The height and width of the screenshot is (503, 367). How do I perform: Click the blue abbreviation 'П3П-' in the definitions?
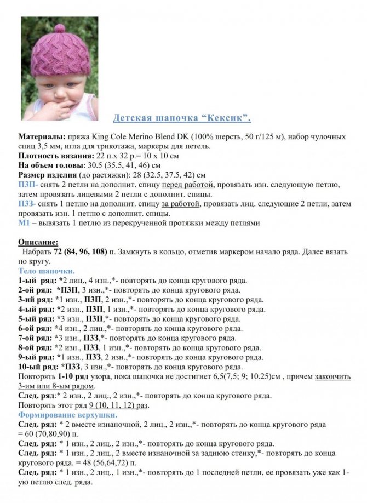28,185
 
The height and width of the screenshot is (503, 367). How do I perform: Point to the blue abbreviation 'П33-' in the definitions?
28,204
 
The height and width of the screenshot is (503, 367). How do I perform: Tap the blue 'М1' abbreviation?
25,223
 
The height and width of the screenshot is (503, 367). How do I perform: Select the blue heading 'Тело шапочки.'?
47,271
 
